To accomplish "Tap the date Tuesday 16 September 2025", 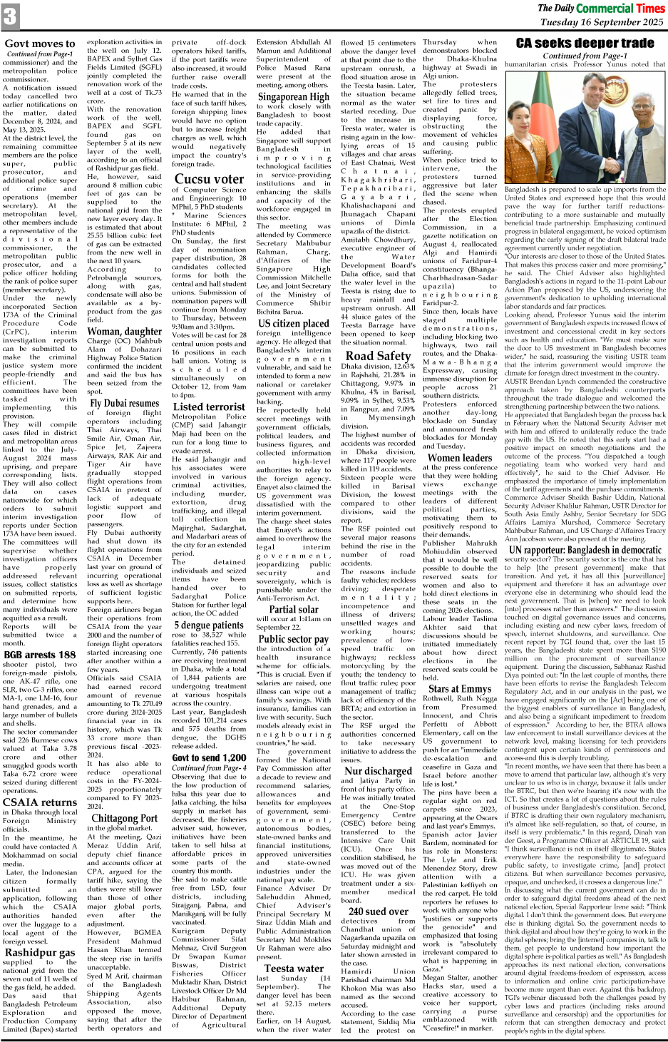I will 602,22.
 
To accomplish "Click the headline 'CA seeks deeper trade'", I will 585,44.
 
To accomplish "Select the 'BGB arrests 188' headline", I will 40,655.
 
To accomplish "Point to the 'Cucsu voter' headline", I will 209,179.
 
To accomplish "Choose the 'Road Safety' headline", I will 378,355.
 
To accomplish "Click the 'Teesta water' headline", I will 293,968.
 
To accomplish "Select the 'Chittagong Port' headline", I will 124,818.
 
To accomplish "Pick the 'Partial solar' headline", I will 293,609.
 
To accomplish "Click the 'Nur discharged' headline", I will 378,770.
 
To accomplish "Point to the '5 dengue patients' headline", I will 209,625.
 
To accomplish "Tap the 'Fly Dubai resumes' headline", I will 124,403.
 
